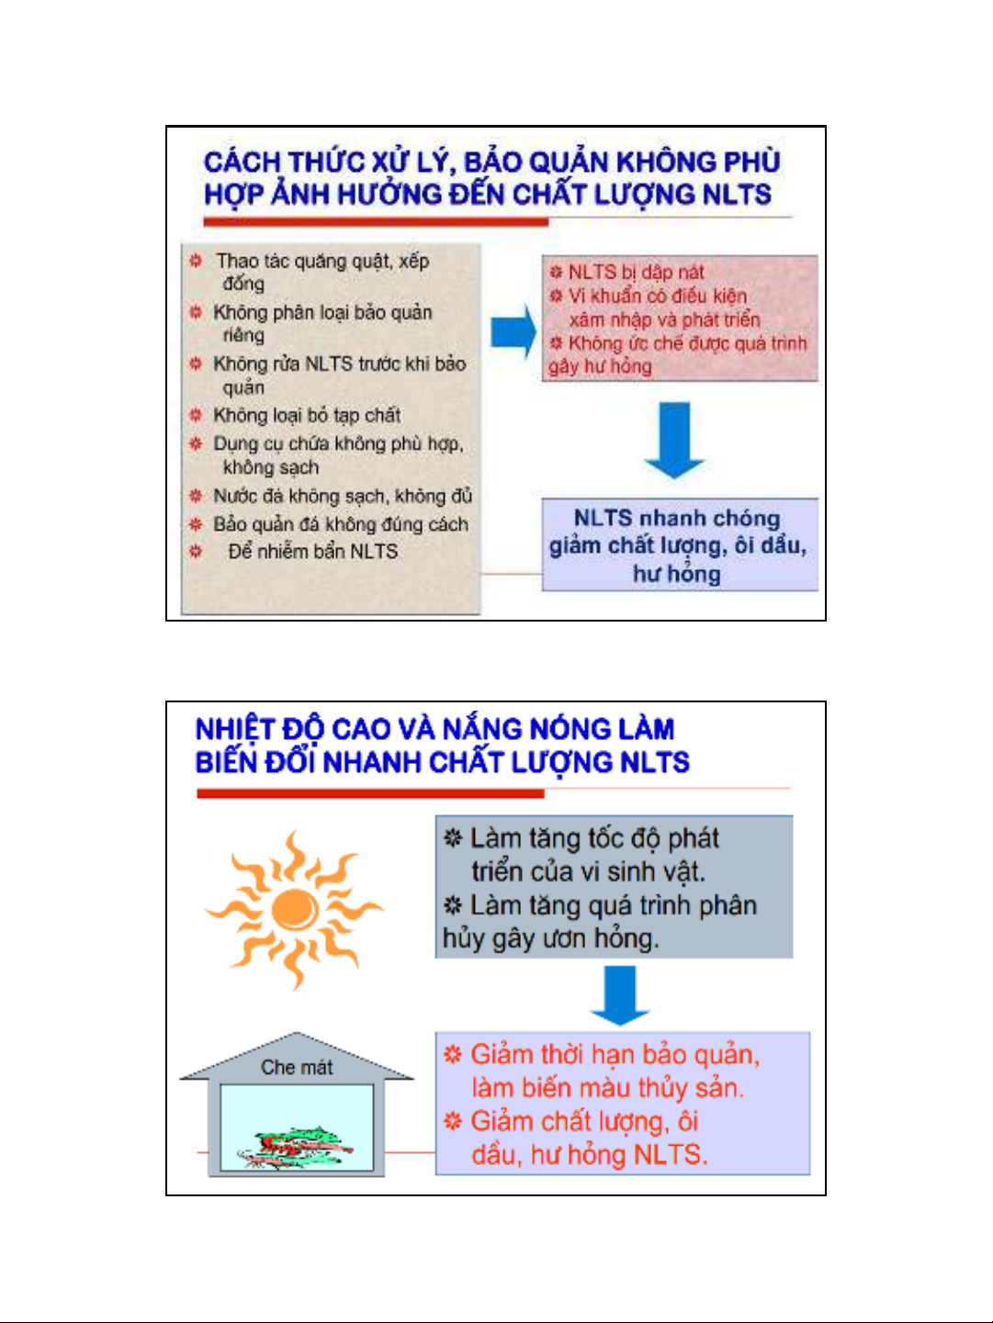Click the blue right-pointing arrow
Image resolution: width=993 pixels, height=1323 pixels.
[x=513, y=332]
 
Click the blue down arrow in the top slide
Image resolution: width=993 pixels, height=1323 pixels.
[x=674, y=441]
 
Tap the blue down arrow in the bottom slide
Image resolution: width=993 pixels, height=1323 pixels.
[x=620, y=995]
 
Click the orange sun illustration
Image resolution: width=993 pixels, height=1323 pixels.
[x=294, y=910]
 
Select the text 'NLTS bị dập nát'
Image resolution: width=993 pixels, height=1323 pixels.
[x=636, y=273]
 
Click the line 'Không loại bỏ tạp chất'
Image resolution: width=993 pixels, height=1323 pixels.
[x=307, y=415]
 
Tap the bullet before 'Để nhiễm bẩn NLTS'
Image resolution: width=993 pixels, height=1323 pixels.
[x=196, y=551]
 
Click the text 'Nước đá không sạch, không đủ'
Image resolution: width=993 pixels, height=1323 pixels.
[x=343, y=496]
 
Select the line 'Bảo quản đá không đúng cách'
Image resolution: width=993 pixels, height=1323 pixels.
[x=341, y=524]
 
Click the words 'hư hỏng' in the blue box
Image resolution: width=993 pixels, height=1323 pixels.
[x=676, y=574]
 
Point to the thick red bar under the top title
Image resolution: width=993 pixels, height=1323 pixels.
[x=376, y=222]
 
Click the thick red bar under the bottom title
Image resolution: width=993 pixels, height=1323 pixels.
[x=371, y=793]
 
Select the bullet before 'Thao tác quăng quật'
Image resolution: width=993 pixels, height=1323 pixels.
[x=196, y=261]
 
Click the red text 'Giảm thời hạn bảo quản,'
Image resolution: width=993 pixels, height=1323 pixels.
[x=615, y=1055]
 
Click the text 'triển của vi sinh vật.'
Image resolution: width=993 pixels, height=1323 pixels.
[x=589, y=871]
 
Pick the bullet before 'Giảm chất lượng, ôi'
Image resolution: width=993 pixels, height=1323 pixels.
[x=453, y=1121]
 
